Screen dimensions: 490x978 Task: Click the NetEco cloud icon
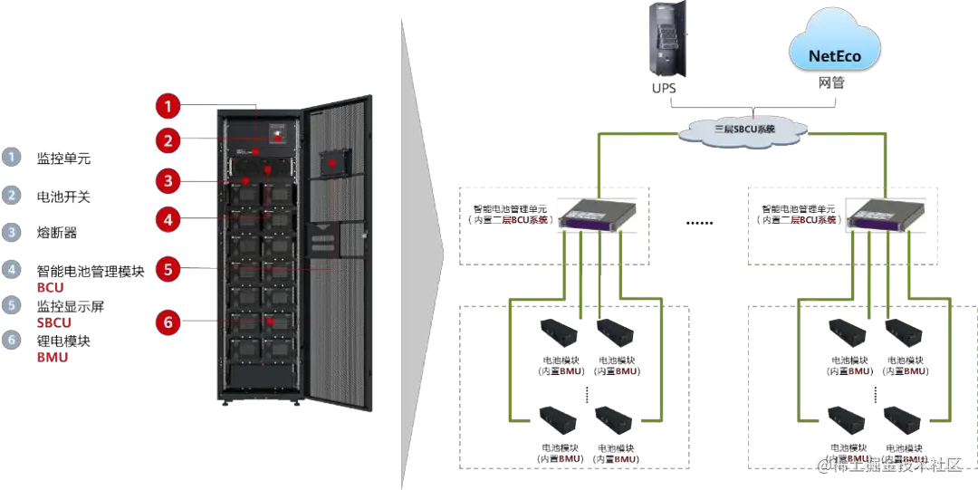(833, 54)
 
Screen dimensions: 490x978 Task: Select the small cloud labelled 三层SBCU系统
(744, 129)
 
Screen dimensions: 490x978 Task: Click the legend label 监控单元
(64, 159)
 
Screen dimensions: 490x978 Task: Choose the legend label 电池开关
(64, 196)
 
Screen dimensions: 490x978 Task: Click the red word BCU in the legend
(50, 287)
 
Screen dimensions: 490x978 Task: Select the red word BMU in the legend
(52, 358)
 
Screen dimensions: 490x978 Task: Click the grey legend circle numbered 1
(10, 157)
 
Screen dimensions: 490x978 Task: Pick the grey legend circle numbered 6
(10, 341)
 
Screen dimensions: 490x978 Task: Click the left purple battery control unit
(592, 214)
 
